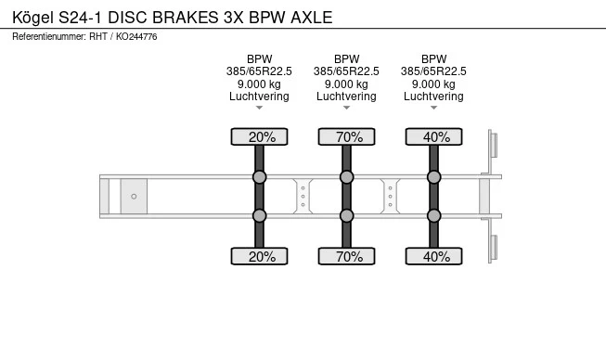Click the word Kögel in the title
32,18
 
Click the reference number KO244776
136,37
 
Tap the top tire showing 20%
259,136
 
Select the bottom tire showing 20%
259,256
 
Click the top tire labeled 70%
347,136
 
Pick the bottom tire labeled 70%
347,256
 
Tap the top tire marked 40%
434,136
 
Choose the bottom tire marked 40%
434,256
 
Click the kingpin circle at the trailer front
134,196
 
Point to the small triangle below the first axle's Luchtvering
259,108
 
